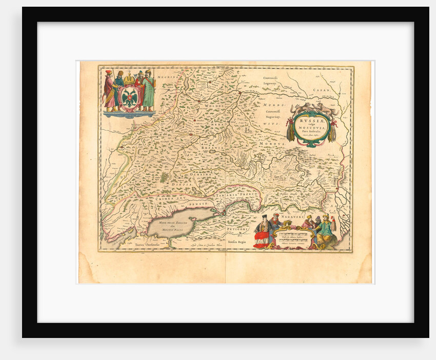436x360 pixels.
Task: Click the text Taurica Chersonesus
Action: pos(145,246)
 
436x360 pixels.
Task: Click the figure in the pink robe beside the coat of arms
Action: pos(109,91)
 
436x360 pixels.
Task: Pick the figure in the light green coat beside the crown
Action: pos(148,92)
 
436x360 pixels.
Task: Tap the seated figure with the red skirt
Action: pos(263,233)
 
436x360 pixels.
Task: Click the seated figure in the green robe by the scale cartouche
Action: pos(326,232)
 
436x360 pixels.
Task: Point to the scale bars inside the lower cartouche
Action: pos(295,237)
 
